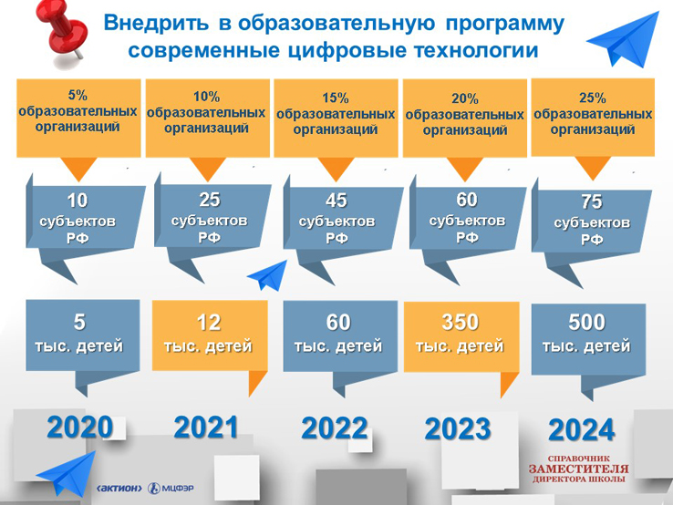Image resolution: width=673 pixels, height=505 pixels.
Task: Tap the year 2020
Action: click(80, 428)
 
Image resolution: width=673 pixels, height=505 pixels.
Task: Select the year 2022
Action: click(335, 428)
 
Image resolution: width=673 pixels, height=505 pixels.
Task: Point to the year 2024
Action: click(581, 430)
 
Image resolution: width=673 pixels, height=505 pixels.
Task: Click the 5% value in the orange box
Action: click(78, 95)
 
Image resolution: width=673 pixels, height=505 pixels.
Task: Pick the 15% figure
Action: click(336, 98)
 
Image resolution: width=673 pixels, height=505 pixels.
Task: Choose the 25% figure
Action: click(593, 98)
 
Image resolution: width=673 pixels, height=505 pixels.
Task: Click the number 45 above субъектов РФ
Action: click(336, 201)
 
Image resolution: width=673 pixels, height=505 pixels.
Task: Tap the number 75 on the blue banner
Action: click(592, 201)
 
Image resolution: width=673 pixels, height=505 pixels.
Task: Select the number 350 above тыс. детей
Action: click(461, 322)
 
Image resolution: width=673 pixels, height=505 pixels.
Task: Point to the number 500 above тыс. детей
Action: click(586, 322)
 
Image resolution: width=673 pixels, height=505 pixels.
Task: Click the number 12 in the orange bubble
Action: click(209, 323)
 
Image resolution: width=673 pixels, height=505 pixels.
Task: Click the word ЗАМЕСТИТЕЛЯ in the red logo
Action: click(578, 469)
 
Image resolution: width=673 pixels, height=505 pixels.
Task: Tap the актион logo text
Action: click(119, 489)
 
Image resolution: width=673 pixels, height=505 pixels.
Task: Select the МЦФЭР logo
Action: click(171, 489)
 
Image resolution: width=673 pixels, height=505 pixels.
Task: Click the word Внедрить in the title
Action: click(156, 23)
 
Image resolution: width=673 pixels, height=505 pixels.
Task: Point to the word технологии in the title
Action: click(476, 50)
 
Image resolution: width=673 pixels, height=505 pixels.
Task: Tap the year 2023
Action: click(458, 429)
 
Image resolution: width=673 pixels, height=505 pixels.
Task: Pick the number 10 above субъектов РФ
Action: click(78, 201)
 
